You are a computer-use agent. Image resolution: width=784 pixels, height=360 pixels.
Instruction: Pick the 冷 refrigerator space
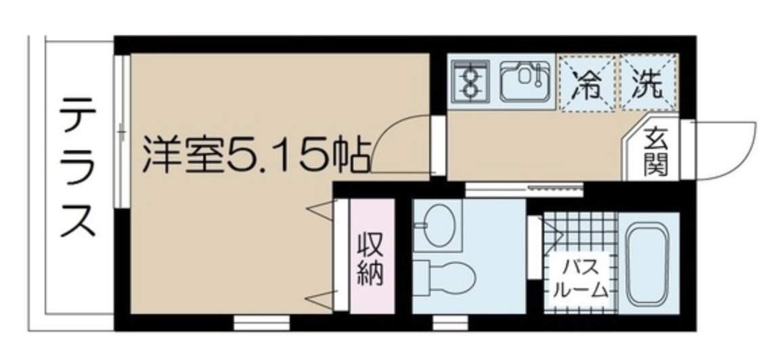pyautogui.click(x=586, y=83)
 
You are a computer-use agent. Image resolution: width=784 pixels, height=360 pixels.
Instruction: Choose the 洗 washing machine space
pyautogui.click(x=649, y=83)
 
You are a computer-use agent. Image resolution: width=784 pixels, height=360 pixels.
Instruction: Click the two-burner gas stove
pyautogui.click(x=471, y=81)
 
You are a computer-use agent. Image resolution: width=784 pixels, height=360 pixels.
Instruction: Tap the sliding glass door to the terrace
pyautogui.click(x=121, y=132)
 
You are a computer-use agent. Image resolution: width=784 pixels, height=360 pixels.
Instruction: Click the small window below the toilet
pyautogui.click(x=444, y=322)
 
